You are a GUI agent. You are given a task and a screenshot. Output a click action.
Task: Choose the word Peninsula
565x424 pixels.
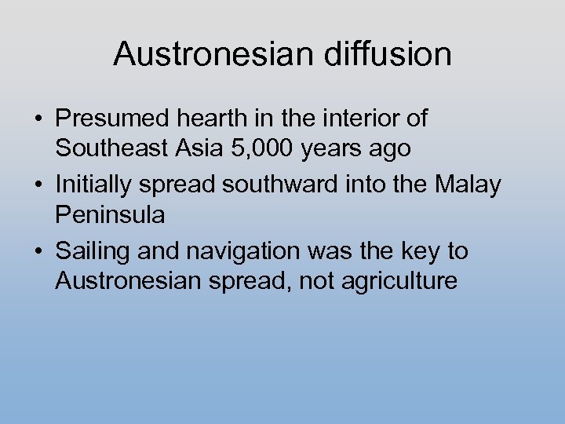[110, 214]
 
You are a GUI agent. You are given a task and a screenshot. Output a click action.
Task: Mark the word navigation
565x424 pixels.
[249, 252]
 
